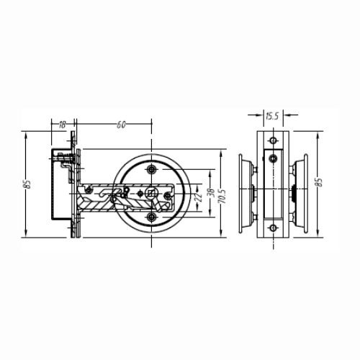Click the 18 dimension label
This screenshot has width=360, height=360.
[x=62, y=125]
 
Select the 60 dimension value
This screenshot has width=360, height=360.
[x=121, y=125]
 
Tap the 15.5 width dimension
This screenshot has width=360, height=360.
[x=272, y=116]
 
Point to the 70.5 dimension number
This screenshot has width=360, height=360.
[x=222, y=197]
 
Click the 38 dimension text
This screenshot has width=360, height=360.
[x=212, y=193]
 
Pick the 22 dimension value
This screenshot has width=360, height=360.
[x=199, y=197]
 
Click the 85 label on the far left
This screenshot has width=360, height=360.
[x=28, y=184]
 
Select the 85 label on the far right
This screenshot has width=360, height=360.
[x=319, y=182]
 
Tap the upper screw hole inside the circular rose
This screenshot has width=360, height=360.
[x=151, y=169]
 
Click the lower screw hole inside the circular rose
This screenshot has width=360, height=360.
[x=151, y=217]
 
